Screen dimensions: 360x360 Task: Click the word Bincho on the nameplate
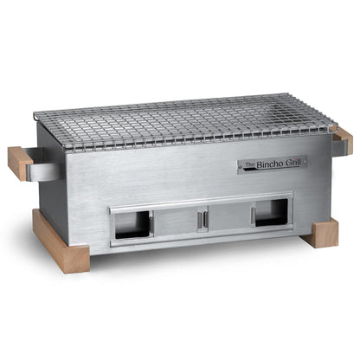coord(269,163)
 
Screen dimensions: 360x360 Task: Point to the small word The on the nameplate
coord(249,165)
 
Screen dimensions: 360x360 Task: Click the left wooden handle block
coord(20,162)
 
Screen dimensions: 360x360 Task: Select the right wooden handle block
coord(344,138)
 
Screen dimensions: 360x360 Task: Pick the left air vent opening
coord(132,224)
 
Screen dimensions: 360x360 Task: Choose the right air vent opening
coord(272,212)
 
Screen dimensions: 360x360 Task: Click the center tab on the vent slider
coord(202,220)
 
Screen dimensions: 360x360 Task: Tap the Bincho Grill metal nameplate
coord(272,164)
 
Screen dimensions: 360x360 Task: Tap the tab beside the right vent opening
coord(254,215)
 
